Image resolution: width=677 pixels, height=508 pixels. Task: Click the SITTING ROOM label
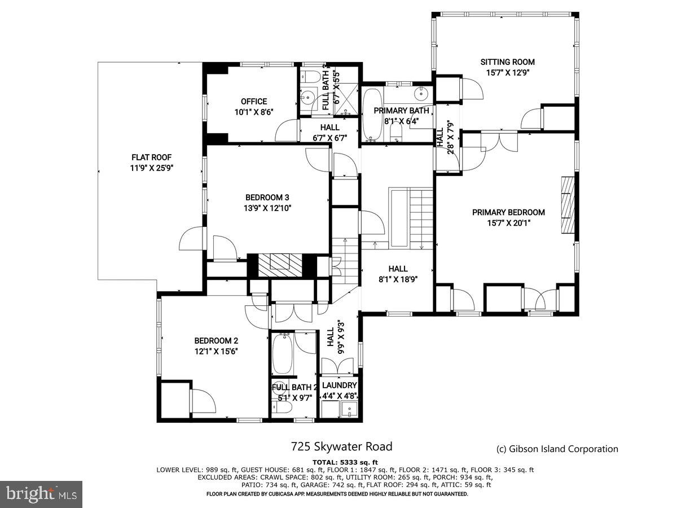point(507,62)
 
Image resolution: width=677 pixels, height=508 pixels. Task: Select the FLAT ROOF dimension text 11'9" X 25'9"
point(151,168)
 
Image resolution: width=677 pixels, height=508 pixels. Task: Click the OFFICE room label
point(254,102)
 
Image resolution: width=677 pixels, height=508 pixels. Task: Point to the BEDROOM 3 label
point(267,198)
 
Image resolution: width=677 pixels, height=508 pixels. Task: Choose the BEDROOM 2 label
point(216,340)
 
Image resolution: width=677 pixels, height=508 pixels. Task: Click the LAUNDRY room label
point(339,385)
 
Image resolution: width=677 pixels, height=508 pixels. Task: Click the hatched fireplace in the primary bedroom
point(567,204)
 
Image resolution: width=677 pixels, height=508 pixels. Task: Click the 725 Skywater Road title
point(341,446)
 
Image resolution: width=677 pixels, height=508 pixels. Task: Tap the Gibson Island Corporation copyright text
point(557,449)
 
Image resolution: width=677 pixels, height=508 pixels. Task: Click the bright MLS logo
point(41,494)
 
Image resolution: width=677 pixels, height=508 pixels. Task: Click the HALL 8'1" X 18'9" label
point(398,273)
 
